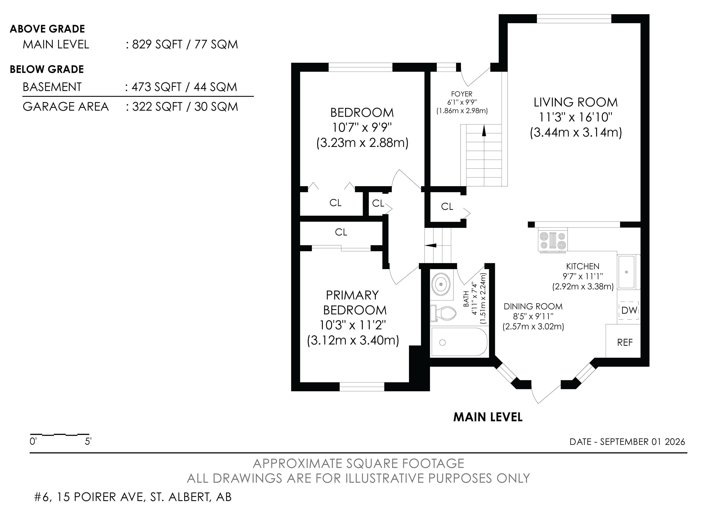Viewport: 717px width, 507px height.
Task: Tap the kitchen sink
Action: [x=626, y=272]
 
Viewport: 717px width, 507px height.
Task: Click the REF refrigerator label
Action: [x=625, y=343]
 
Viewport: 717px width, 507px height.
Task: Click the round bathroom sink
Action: [x=441, y=284]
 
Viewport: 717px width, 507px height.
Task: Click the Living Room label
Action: [x=576, y=102]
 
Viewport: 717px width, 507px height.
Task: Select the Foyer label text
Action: [x=462, y=94]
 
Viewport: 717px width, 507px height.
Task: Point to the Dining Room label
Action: [x=533, y=306]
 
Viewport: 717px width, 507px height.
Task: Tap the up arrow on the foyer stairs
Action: [x=484, y=130]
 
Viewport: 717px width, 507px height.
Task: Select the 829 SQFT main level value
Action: [x=157, y=44]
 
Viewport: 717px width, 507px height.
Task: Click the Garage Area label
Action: [x=66, y=107]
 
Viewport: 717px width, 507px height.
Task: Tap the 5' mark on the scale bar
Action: [x=88, y=442]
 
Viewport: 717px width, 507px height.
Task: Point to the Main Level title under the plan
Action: [x=488, y=417]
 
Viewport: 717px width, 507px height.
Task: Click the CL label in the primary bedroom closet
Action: [x=341, y=232]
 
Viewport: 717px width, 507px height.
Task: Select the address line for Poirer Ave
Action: [x=133, y=497]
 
